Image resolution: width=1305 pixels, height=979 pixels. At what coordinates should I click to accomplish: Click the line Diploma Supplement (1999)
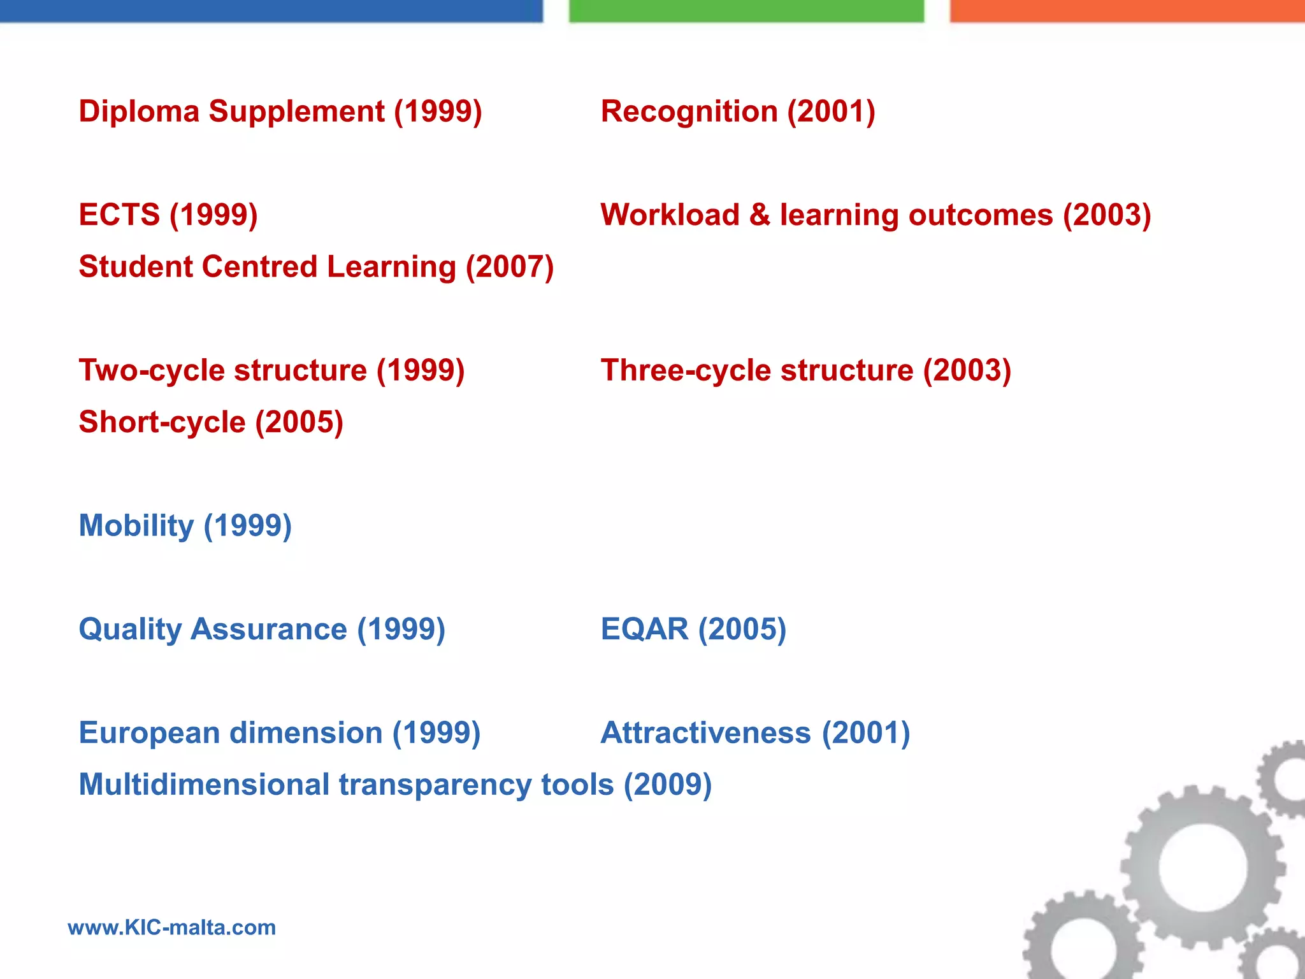[x=280, y=112]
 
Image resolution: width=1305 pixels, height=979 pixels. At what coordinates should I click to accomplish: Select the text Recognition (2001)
[x=738, y=112]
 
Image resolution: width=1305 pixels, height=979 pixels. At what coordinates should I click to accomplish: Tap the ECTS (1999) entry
[x=168, y=215]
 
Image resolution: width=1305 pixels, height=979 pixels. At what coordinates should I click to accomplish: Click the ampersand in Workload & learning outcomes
[x=760, y=215]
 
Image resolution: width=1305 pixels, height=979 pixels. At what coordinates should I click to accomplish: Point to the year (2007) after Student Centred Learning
[x=510, y=266]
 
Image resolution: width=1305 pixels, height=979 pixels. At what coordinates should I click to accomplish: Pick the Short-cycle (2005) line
[x=211, y=422]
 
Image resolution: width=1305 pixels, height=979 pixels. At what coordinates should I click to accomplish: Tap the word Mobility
[x=136, y=526]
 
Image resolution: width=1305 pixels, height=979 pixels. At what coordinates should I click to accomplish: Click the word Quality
[x=130, y=629]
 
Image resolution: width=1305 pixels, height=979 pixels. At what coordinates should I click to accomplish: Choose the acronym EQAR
[x=644, y=629]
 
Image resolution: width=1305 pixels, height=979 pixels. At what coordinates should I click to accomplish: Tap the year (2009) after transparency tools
[x=667, y=785]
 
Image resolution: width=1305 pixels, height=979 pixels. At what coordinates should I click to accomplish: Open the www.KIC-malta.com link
[x=172, y=927]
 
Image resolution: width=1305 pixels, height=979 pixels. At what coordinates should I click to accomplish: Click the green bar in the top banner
[x=746, y=11]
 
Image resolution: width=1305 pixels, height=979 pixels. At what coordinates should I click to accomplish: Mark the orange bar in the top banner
[x=1127, y=11]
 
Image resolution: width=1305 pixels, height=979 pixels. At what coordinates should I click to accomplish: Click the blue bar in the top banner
[x=271, y=11]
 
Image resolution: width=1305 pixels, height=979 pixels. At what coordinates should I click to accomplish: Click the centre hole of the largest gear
[x=1202, y=867]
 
